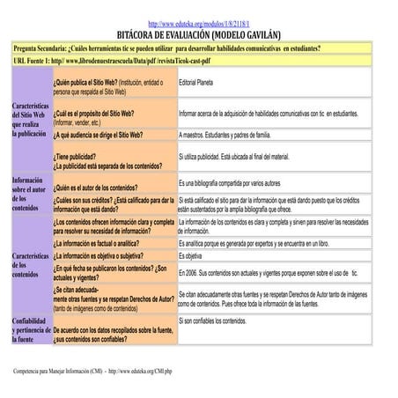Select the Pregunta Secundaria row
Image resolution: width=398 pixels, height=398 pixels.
[x=167, y=48]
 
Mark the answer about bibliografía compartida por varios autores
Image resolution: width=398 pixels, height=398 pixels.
[x=241, y=183]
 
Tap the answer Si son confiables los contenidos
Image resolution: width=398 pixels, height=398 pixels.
[x=225, y=321]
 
